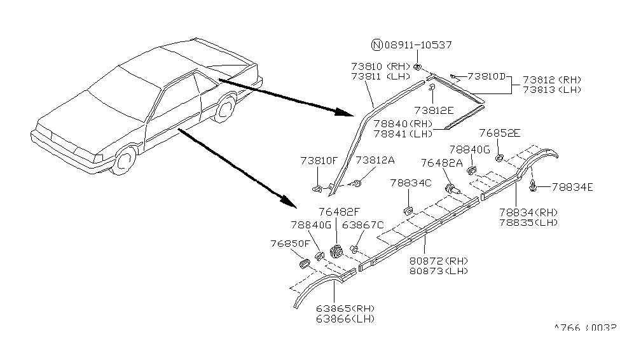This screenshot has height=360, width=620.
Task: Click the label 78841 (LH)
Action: click(x=403, y=134)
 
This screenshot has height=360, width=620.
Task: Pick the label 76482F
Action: click(x=340, y=212)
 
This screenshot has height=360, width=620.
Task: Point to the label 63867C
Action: click(x=363, y=224)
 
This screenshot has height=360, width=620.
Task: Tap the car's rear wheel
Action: click(x=224, y=108)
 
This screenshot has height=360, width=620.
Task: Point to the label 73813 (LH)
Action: click(x=551, y=90)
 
